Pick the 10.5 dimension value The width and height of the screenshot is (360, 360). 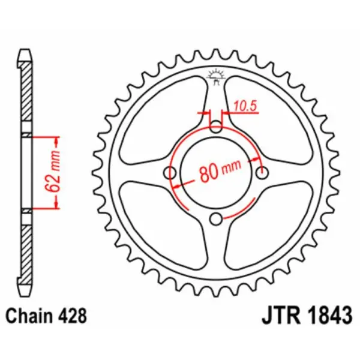point(244,106)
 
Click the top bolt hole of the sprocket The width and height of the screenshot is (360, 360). point(217,127)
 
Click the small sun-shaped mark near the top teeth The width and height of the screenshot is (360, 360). point(217,76)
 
